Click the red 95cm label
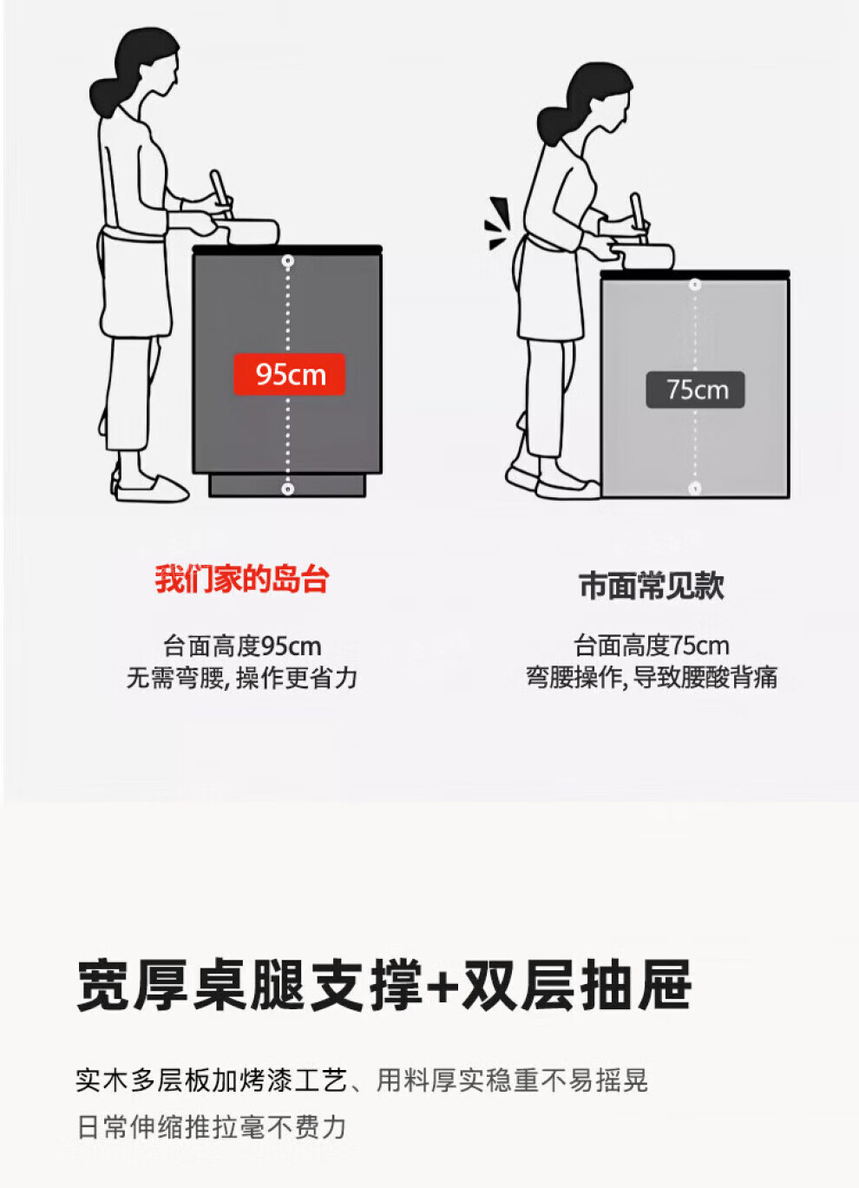[x=289, y=374]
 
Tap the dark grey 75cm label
[x=695, y=390]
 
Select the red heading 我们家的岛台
[x=242, y=579]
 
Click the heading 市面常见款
[x=652, y=586]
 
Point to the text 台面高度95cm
[x=242, y=646]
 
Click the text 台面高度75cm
[x=652, y=646]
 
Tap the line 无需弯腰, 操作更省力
[x=242, y=678]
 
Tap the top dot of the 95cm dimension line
[x=287, y=261]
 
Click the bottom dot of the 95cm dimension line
[x=287, y=489]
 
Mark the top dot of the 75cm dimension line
[x=695, y=285]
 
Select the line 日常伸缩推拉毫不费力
[x=212, y=1127]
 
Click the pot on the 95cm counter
[x=248, y=231]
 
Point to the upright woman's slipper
[x=152, y=488]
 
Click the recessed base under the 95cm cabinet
[x=287, y=485]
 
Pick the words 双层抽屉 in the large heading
[x=577, y=986]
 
